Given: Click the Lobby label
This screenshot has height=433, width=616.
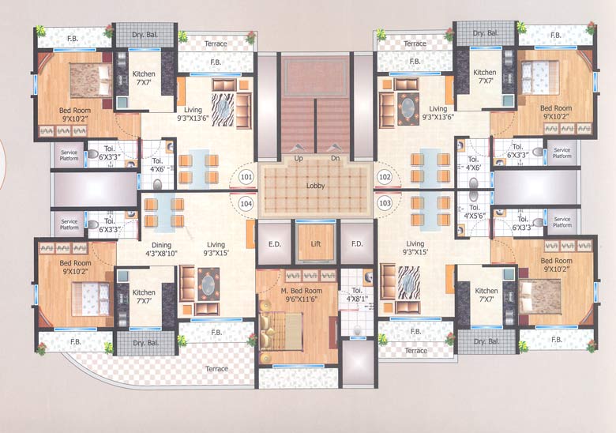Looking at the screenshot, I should (x=315, y=186).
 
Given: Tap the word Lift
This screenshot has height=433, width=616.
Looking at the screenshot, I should (x=315, y=243).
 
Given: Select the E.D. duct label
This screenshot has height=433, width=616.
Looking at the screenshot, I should (x=275, y=243).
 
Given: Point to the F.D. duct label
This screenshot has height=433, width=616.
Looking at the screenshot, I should (x=356, y=243).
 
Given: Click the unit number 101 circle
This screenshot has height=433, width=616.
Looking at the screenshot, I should (x=246, y=177).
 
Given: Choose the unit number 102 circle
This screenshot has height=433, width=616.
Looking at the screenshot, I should (x=385, y=177).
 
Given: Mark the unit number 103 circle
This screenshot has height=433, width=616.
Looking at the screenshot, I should (x=385, y=203).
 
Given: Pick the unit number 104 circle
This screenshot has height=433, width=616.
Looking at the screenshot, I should (x=246, y=203).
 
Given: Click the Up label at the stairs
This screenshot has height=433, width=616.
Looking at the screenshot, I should (x=299, y=158).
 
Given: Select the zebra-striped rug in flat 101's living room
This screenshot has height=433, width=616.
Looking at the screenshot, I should (x=222, y=105).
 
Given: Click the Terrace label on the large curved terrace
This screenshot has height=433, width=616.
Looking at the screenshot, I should (x=216, y=369).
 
